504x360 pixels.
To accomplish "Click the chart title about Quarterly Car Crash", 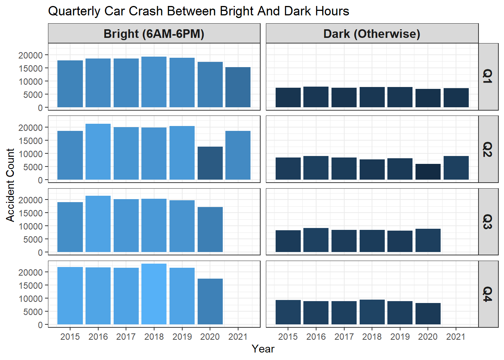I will tap(198, 11).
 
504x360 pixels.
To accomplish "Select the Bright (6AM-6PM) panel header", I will tap(154, 34).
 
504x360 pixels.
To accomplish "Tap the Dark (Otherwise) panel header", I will tap(372, 34).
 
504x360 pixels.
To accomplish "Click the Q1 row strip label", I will tap(487, 76).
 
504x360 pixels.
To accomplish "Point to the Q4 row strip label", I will tap(487, 294).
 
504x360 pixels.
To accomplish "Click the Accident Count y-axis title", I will tap(10, 185).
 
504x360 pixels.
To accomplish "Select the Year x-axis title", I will tap(263, 349).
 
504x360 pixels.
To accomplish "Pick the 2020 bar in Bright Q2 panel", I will tap(210, 163).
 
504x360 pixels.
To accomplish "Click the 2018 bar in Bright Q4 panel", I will tap(154, 294).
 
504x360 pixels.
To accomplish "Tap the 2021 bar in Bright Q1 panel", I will tap(238, 87).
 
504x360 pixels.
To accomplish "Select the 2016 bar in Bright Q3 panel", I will tap(98, 224).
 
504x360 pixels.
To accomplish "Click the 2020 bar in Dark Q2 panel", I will tap(428, 172).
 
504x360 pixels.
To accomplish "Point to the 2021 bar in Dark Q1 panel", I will tap(456, 98).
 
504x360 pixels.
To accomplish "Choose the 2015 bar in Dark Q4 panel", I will tap(288, 312).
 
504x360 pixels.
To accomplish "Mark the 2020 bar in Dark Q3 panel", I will tap(428, 240).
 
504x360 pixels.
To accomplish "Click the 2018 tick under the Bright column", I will tap(154, 337).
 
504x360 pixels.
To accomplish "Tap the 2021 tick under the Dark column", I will tap(456, 337).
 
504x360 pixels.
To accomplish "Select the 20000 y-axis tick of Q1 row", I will tap(31, 55).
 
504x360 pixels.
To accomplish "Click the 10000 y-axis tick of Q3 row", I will tap(31, 226).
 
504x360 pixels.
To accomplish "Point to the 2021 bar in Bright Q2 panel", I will tap(238, 155).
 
